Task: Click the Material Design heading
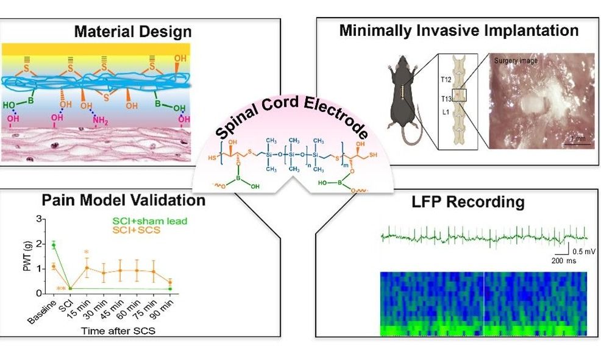coord(132,31)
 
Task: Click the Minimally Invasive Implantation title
coord(458,30)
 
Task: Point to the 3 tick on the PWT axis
coord(41,219)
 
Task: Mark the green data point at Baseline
coord(54,245)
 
